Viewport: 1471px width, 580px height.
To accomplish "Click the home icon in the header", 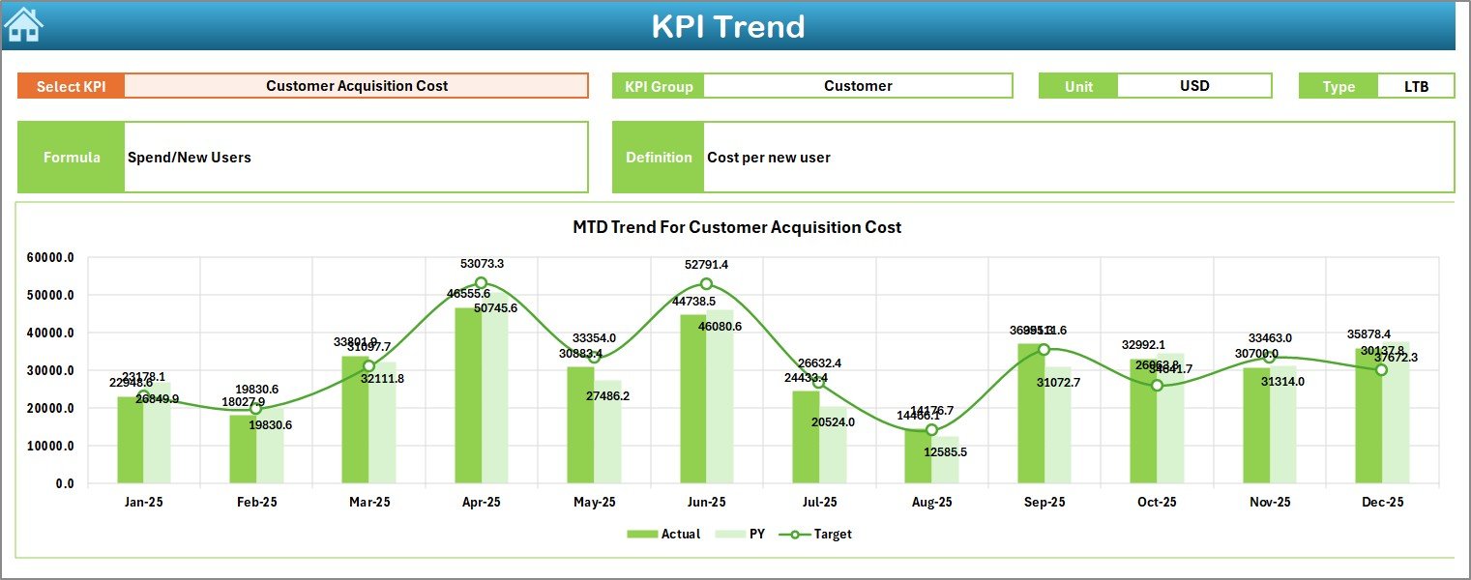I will (x=23, y=25).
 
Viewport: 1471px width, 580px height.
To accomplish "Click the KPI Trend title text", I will (x=727, y=26).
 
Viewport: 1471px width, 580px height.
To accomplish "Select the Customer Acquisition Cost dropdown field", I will (x=356, y=86).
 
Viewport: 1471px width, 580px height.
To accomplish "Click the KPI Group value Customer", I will (x=857, y=86).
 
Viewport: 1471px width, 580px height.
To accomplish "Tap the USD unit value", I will (x=1193, y=86).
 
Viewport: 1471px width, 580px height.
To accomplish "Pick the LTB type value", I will (x=1416, y=86).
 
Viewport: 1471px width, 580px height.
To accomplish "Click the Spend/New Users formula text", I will (x=190, y=158).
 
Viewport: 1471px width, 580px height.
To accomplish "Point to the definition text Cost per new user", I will (x=768, y=158).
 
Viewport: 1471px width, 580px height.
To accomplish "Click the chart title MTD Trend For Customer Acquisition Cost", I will (x=736, y=227).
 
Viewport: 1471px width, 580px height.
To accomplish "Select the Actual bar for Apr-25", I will (x=468, y=396).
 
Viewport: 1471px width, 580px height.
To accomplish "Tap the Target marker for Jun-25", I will (x=706, y=284).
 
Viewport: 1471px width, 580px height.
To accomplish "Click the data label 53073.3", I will (x=481, y=263).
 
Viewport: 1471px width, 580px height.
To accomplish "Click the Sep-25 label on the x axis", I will (x=1044, y=503).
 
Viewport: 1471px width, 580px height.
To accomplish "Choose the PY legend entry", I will (x=744, y=534).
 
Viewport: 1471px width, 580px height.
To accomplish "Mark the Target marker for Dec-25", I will (x=1381, y=369).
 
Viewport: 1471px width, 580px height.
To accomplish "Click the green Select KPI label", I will (x=71, y=86).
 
